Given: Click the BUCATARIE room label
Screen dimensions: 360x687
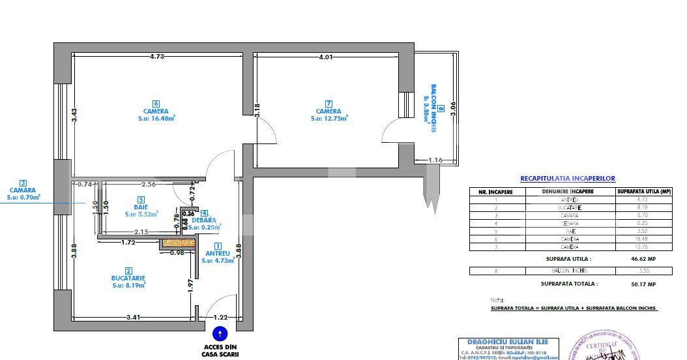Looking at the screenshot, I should click(x=128, y=278).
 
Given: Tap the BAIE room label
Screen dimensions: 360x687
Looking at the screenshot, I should click(x=141, y=207).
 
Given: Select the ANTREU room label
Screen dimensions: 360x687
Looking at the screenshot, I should click(x=218, y=253).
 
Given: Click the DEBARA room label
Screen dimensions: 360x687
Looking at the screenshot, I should click(x=204, y=220).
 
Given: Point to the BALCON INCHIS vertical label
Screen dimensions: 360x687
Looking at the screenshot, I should click(x=431, y=108).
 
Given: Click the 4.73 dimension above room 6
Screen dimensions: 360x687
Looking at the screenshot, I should click(x=156, y=57).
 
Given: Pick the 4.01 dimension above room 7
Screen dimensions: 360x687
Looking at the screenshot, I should click(x=326, y=57).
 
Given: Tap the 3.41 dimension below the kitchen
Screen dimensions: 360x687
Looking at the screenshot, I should click(x=134, y=318).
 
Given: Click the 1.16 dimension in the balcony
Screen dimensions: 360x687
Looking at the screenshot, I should click(x=435, y=160).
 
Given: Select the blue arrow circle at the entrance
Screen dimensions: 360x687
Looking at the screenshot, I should click(x=220, y=333).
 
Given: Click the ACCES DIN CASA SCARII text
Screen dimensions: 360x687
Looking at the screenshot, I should click(x=221, y=351).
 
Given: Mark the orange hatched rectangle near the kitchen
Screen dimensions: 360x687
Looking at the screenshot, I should click(x=178, y=243).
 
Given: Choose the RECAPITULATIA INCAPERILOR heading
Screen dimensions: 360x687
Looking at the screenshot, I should click(x=567, y=178).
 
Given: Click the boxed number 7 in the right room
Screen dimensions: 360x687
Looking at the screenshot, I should click(x=329, y=104).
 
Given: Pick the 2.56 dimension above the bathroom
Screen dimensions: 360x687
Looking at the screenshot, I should click(x=148, y=184).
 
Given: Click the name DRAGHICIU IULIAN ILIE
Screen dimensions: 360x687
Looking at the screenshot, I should click(x=508, y=342).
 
